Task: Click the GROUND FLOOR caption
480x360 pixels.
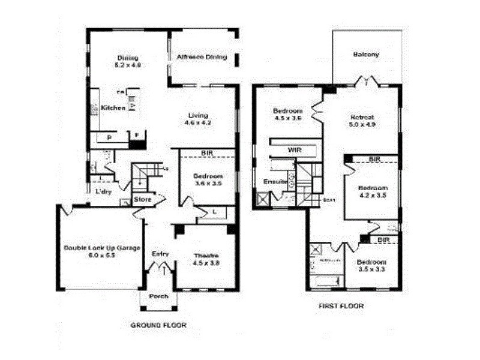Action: coord(158,325)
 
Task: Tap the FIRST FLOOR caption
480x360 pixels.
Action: coord(341,306)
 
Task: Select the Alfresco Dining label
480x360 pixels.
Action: coord(202,58)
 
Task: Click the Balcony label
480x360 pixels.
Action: coord(366,55)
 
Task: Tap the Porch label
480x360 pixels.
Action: coord(159,296)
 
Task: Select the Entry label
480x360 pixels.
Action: coord(160,253)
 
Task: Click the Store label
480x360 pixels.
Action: coord(142,199)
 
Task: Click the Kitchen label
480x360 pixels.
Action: coord(113,108)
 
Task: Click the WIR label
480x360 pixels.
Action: coord(294,149)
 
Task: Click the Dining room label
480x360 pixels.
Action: coord(127,58)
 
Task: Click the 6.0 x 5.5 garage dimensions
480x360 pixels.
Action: coord(101,255)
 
